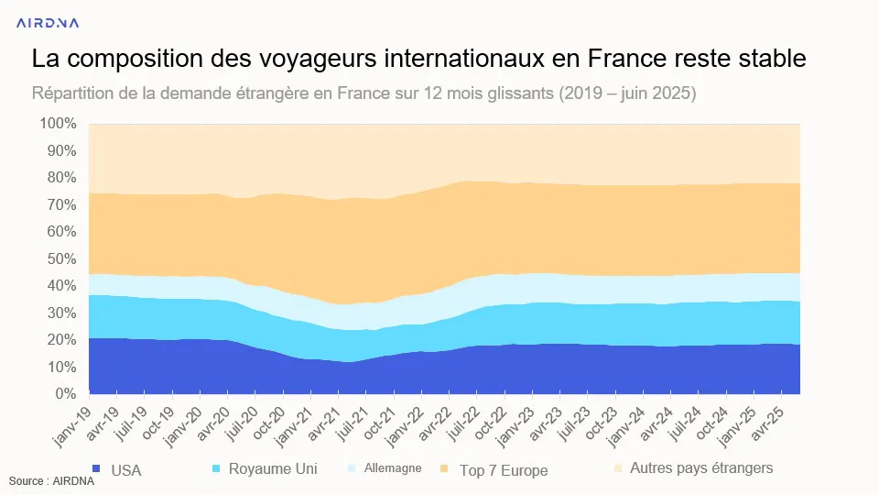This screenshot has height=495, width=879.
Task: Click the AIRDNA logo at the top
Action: (x=48, y=23)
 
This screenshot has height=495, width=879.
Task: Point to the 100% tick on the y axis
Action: (x=58, y=124)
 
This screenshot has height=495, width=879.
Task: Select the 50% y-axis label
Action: (x=61, y=258)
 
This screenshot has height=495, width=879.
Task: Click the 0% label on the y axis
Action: (x=66, y=394)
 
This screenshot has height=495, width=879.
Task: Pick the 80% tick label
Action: (x=61, y=177)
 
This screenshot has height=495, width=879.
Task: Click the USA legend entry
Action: (x=116, y=470)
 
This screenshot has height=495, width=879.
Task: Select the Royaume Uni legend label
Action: (x=265, y=468)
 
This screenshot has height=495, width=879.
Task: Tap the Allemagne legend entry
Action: (x=385, y=468)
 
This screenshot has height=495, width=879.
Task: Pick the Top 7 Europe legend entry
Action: (x=494, y=470)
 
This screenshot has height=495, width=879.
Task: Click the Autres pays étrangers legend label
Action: (x=693, y=468)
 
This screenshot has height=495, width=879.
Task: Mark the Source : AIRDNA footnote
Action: (x=51, y=481)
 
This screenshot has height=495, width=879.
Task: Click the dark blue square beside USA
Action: (x=96, y=468)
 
